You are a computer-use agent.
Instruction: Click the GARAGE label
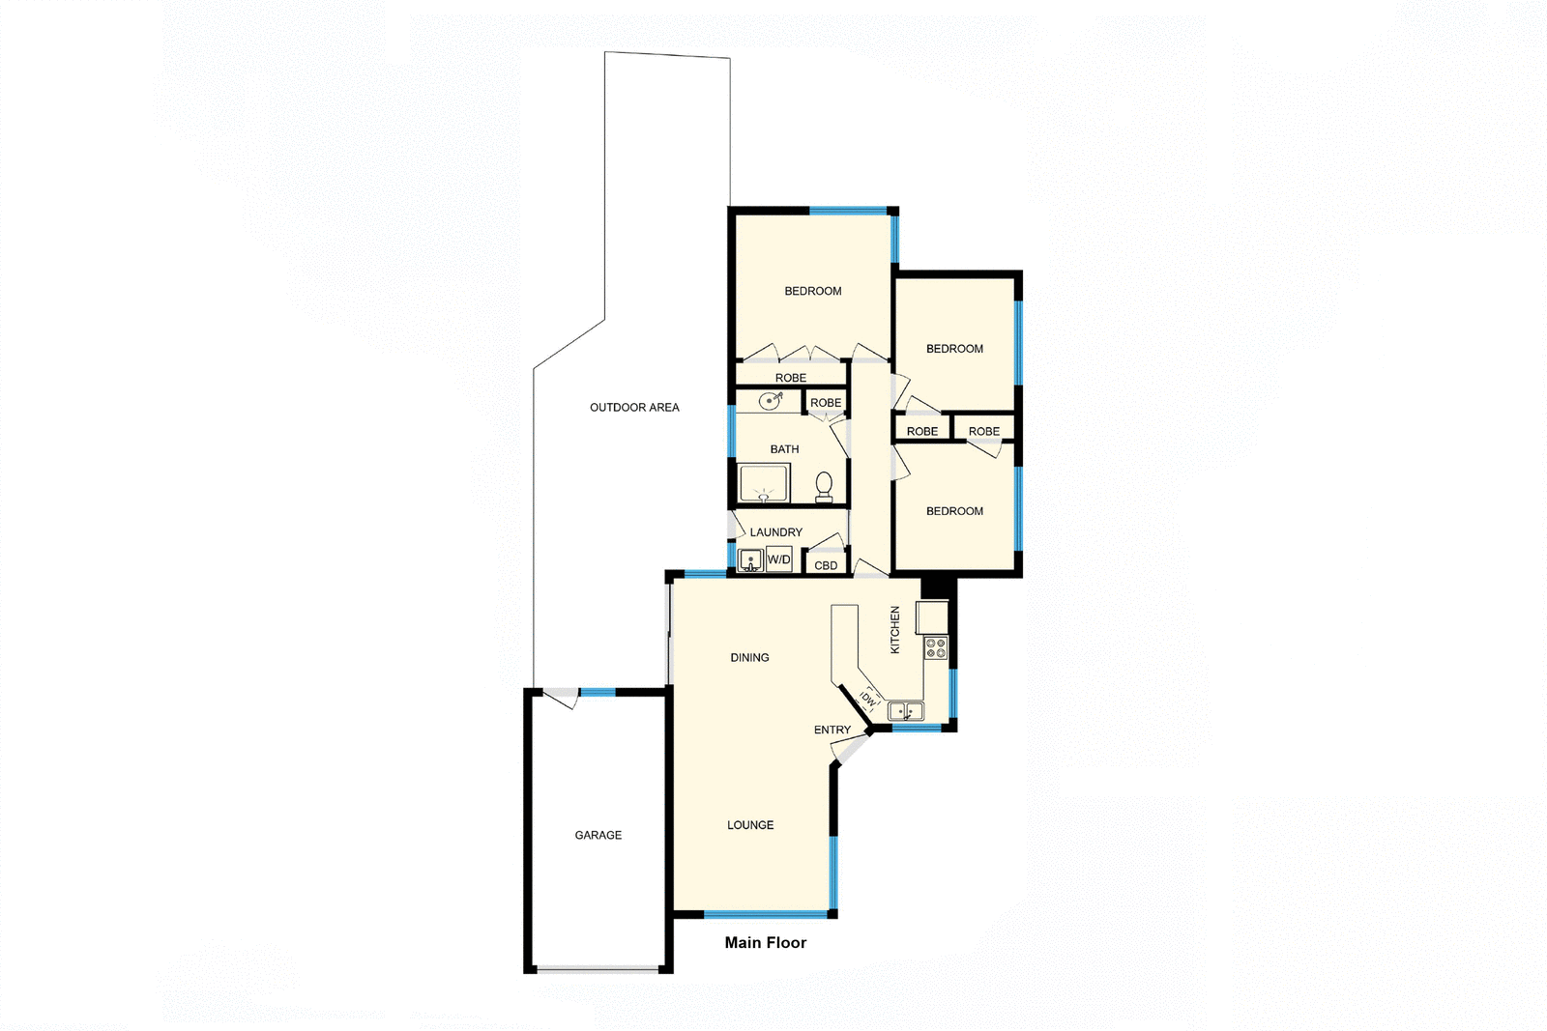point(598,835)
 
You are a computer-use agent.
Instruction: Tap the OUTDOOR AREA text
point(634,407)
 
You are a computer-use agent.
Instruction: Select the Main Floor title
point(765,942)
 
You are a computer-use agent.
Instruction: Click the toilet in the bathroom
point(824,485)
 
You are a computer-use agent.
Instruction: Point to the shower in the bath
point(764,482)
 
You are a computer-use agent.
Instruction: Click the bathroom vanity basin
point(770,400)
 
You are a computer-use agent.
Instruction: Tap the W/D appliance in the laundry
point(779,559)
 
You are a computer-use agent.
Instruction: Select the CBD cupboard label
point(826,565)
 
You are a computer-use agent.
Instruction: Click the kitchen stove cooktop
point(935,647)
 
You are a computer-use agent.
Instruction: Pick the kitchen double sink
point(906,711)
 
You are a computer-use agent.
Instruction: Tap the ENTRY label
point(832,730)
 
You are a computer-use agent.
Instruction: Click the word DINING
point(749,657)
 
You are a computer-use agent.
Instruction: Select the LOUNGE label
point(750,824)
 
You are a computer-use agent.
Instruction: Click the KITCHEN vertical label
point(894,630)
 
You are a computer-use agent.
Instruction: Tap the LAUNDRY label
point(775,531)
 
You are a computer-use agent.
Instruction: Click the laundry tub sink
point(750,560)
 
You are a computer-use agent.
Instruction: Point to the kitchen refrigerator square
point(932,616)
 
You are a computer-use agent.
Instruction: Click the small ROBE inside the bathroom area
point(826,402)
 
